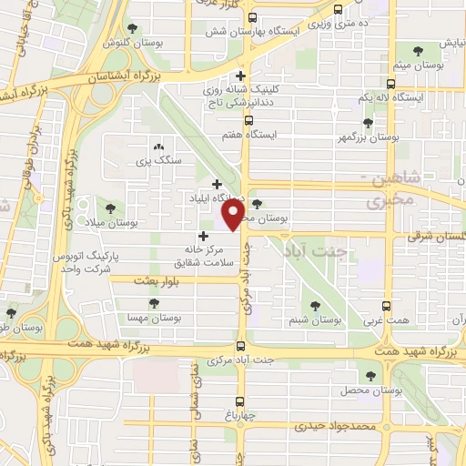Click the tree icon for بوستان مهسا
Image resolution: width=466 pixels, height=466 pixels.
[152, 303]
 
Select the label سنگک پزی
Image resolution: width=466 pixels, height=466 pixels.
[158, 160]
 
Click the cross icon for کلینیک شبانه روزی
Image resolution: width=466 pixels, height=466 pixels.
[240, 76]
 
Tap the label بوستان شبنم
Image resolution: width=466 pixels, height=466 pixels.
[315, 319]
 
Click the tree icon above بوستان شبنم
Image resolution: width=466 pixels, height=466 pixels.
[316, 306]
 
